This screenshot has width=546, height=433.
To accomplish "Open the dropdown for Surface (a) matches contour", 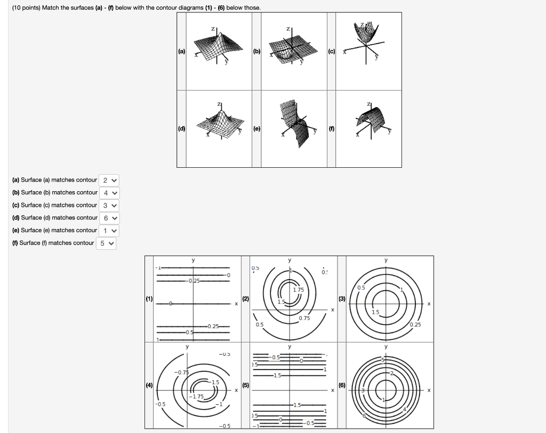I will [109, 180].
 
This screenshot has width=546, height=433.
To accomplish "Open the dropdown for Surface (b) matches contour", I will [109, 193].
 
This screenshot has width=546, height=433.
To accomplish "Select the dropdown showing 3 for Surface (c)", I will [109, 205].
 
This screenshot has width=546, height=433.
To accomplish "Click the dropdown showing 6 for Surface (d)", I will [109, 218].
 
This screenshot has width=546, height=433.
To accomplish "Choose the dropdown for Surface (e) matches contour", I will [109, 231].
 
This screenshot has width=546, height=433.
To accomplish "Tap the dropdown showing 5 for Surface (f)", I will [106, 243].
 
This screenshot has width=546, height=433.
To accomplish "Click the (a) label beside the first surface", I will [182, 51].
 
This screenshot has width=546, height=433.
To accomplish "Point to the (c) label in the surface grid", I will [332, 51].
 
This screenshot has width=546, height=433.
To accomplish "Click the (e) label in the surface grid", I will [257, 128].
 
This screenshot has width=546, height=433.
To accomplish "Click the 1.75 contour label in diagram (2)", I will [298, 290].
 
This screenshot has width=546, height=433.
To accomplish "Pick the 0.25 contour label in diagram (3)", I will [416, 324].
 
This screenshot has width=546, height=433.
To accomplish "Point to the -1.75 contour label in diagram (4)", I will [198, 396].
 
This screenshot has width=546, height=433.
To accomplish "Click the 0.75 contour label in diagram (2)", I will [304, 318].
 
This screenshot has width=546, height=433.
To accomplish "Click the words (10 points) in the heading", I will [27, 7].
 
